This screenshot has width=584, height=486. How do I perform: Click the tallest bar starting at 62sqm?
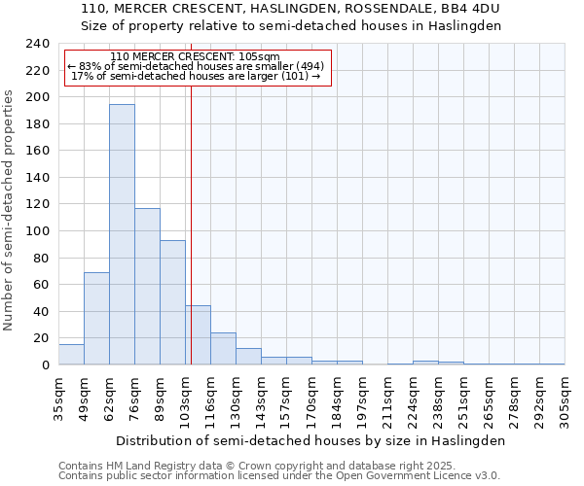(x=122, y=234)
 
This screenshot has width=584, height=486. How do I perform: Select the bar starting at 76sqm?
(x=147, y=287)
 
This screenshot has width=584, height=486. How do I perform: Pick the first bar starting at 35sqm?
(x=71, y=355)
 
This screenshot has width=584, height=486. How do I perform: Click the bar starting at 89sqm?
(x=172, y=302)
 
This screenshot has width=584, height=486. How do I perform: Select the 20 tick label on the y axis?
(x=41, y=338)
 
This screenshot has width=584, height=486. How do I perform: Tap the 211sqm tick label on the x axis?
(x=387, y=400)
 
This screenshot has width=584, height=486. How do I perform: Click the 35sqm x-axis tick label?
(x=58, y=400)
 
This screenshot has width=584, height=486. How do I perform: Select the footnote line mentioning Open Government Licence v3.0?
(x=279, y=475)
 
